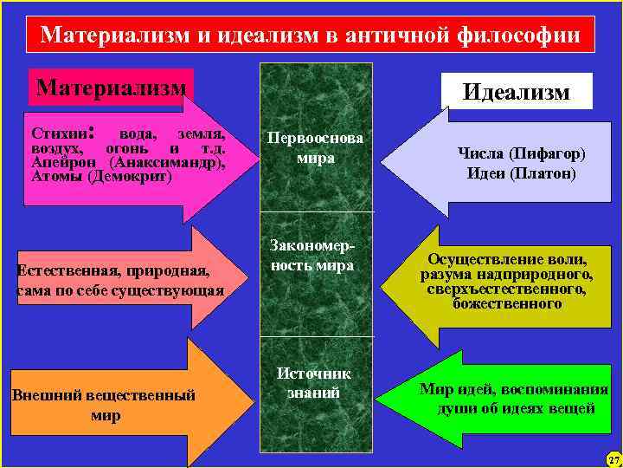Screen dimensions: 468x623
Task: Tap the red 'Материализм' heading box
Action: [x=111, y=87]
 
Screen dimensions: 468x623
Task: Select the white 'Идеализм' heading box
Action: [x=517, y=91]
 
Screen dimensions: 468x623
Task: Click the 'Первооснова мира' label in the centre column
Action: [x=315, y=148]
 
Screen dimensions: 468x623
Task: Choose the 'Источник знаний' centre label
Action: [x=314, y=382]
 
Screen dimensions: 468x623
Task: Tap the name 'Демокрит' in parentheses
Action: [x=130, y=176]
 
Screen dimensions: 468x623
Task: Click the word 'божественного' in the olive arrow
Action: [x=506, y=303]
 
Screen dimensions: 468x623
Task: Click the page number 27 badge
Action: [x=613, y=458]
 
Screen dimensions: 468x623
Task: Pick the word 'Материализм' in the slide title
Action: [x=112, y=36]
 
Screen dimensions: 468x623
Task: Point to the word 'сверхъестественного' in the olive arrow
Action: [x=506, y=289]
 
